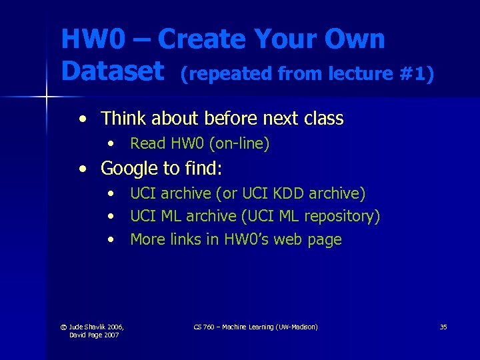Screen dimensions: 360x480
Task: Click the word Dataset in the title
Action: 112,71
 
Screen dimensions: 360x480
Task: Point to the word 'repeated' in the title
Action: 226,73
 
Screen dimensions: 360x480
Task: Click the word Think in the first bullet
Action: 124,119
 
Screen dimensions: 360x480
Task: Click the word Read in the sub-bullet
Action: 146,143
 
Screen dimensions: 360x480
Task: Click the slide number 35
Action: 443,327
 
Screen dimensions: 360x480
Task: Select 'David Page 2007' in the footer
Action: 94,335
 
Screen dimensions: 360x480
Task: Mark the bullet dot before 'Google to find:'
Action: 81,169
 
